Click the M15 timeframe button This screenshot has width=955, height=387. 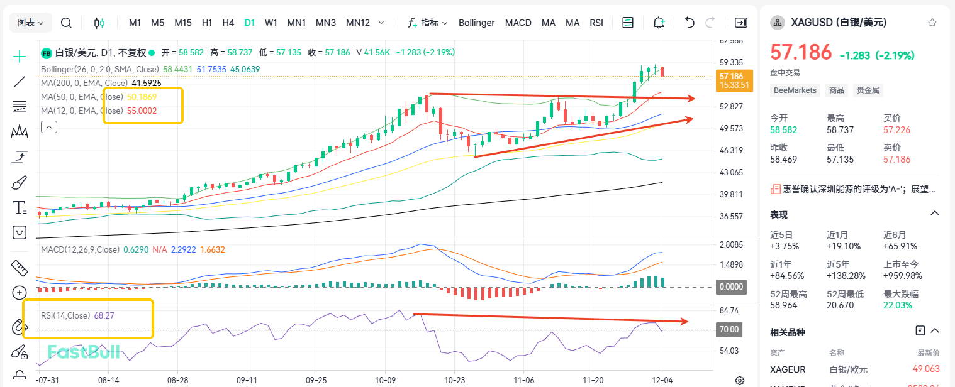point(183,23)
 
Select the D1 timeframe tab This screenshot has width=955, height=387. point(250,23)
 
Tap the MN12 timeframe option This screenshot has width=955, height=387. point(358,23)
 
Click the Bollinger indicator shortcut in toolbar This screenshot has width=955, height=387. point(476,23)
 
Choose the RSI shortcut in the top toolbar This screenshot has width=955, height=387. point(596,23)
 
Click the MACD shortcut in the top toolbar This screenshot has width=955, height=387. point(518,23)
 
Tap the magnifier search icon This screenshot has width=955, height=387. point(66,23)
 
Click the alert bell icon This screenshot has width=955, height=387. point(659,23)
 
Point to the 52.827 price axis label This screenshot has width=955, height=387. point(732,106)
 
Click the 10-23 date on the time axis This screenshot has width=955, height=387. point(454,380)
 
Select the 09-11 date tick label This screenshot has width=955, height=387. point(247,380)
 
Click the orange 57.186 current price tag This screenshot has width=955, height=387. point(732,80)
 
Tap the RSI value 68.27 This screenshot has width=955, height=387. point(104,315)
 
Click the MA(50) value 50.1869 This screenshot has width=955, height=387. point(142,97)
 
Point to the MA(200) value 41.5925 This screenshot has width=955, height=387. point(147,83)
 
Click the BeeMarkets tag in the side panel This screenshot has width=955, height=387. point(795,90)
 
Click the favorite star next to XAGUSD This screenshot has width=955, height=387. point(932,23)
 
